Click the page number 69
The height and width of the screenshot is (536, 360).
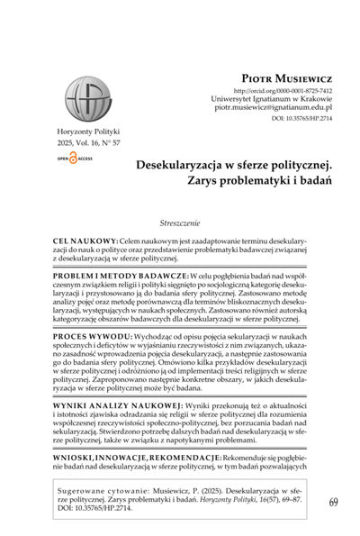click(x=334, y=501)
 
